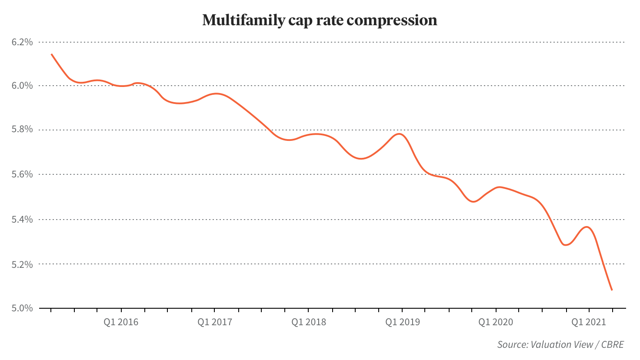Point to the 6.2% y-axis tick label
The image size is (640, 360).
22,42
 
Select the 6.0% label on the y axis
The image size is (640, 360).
22,86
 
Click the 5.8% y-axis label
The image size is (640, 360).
22,130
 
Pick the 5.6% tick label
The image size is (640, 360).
22,174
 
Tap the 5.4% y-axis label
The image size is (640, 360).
22,220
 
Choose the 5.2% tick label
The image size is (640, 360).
22,264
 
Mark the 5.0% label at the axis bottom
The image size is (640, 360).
22,308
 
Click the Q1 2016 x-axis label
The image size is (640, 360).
121,322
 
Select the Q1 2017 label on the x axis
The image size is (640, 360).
215,322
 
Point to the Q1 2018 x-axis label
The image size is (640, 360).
309,322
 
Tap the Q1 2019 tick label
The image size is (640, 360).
403,322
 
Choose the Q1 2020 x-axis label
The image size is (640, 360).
496,322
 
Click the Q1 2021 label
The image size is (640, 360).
589,322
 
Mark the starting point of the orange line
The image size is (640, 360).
52,54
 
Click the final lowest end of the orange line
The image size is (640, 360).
612,290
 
